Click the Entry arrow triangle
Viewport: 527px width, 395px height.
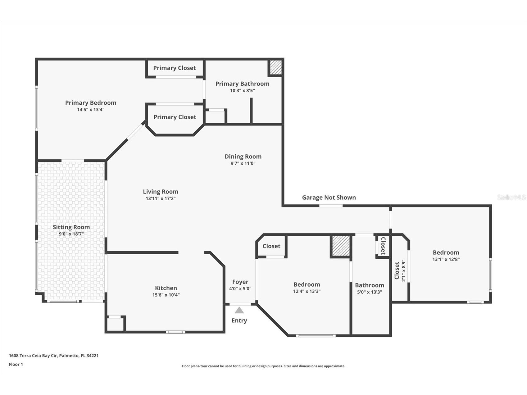click(x=239, y=310)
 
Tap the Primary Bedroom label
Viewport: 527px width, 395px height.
click(x=91, y=103)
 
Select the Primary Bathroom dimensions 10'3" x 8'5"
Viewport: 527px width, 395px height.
click(x=242, y=91)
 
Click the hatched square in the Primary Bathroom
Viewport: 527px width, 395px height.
click(x=275, y=67)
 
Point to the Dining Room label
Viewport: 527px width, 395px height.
click(x=243, y=157)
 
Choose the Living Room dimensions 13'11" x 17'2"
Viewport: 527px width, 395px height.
click(x=161, y=198)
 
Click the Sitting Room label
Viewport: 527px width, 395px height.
click(x=71, y=227)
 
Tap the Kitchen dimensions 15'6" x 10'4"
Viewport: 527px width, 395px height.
click(x=166, y=295)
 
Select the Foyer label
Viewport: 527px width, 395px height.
click(x=240, y=282)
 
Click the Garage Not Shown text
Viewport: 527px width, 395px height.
click(x=329, y=197)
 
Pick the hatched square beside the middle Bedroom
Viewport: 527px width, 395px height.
click(x=341, y=246)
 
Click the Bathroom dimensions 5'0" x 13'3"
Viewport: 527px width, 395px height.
click(x=369, y=292)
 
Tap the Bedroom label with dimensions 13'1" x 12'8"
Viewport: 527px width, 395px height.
click(x=446, y=252)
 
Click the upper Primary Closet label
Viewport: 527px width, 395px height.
click(x=174, y=68)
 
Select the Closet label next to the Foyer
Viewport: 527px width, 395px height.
click(x=271, y=246)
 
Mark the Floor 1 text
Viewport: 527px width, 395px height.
click(x=16, y=364)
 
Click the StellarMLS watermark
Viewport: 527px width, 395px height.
click(x=511, y=197)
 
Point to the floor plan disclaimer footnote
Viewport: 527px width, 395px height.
click(x=263, y=366)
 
